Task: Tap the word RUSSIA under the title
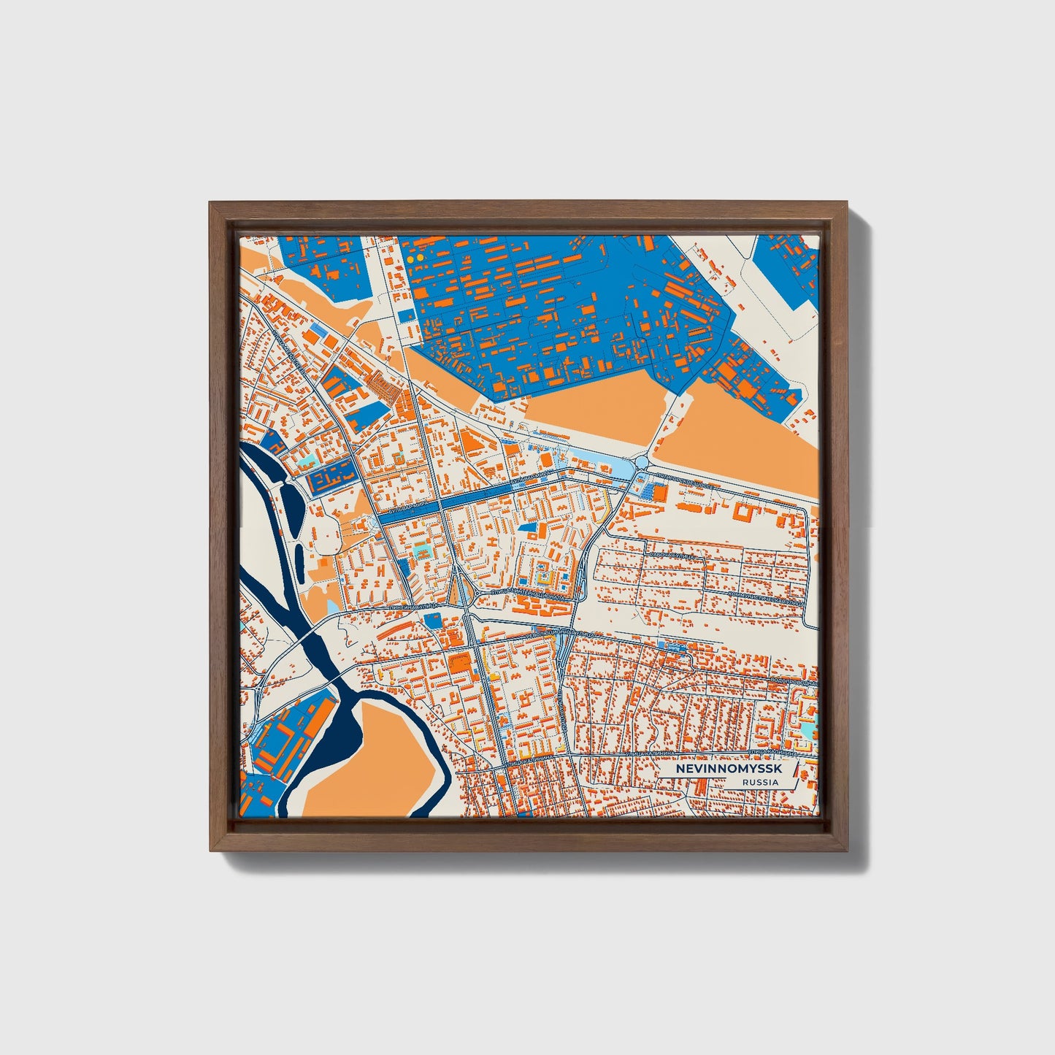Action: (x=760, y=783)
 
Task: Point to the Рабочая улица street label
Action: (x=671, y=556)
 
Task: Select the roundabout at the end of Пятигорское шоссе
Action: (x=642, y=462)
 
